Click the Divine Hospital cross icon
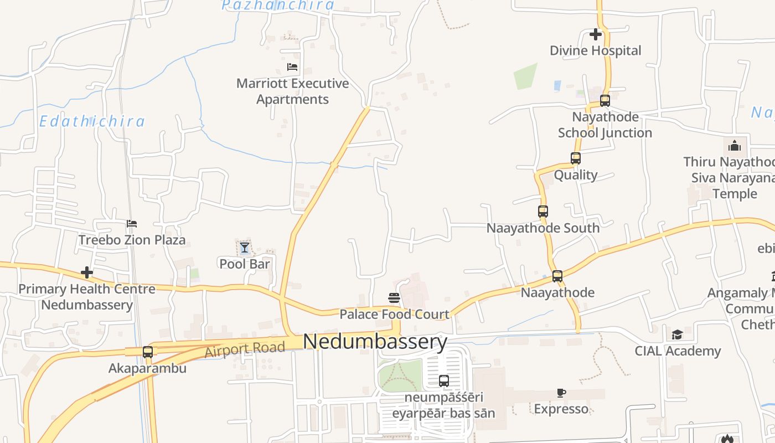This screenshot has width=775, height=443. (596, 34)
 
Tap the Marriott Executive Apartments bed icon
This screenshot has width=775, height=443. (292, 67)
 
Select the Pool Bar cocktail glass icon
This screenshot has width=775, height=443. (244, 248)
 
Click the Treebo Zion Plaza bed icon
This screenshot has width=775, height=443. (132, 224)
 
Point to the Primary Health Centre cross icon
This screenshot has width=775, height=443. (87, 272)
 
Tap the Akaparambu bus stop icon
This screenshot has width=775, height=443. (148, 352)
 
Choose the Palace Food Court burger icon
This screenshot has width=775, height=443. (394, 298)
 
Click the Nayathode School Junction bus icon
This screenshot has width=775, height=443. (605, 101)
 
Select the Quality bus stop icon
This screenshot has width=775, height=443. (576, 158)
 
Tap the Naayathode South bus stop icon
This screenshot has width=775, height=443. (543, 212)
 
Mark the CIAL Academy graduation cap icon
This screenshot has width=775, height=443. (677, 334)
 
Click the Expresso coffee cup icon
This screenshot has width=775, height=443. (561, 393)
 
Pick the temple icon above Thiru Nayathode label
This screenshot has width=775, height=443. (735, 146)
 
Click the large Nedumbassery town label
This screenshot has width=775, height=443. (375, 342)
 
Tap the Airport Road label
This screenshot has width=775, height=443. (245, 349)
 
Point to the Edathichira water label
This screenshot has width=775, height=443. (92, 121)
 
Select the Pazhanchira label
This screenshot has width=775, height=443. (278, 6)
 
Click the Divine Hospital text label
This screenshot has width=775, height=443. (595, 50)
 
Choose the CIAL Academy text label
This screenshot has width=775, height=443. (678, 351)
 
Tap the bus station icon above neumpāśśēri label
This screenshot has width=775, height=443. (444, 381)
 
